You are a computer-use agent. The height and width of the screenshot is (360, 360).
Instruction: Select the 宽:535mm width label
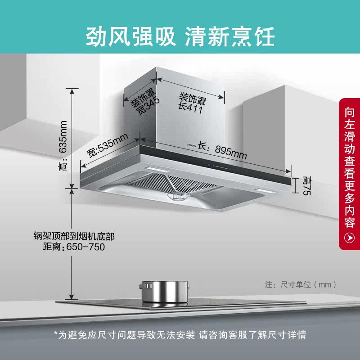108,146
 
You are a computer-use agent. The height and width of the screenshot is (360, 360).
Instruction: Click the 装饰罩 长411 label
192,103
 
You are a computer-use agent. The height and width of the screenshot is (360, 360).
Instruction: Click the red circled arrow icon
349,237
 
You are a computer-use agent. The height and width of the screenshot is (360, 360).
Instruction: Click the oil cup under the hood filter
179,197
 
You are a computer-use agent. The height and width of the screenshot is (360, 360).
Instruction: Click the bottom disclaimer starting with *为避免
180,335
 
